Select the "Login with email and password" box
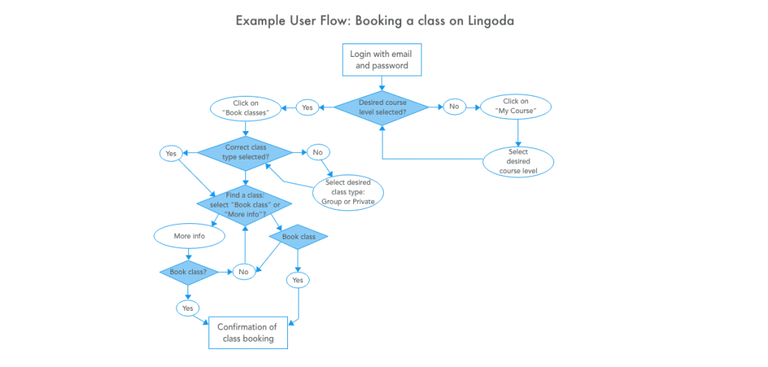[382, 60]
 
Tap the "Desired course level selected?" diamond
[382, 108]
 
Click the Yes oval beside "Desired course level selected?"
[307, 108]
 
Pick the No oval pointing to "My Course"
[454, 106]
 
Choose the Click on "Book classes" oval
[246, 108]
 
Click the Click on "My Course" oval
[516, 106]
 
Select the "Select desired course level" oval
[518, 162]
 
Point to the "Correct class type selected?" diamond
[244, 153]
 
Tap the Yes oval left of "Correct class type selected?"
[170, 153]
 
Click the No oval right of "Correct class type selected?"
[318, 153]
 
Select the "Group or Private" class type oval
[348, 191]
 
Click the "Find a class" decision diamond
[244, 204]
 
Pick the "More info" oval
[190, 236]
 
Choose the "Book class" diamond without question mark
[298, 237]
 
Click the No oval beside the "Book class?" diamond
[244, 272]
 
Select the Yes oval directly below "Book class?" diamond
[187, 309]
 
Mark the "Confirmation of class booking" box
[247, 333]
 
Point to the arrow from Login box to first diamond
[382, 83]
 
